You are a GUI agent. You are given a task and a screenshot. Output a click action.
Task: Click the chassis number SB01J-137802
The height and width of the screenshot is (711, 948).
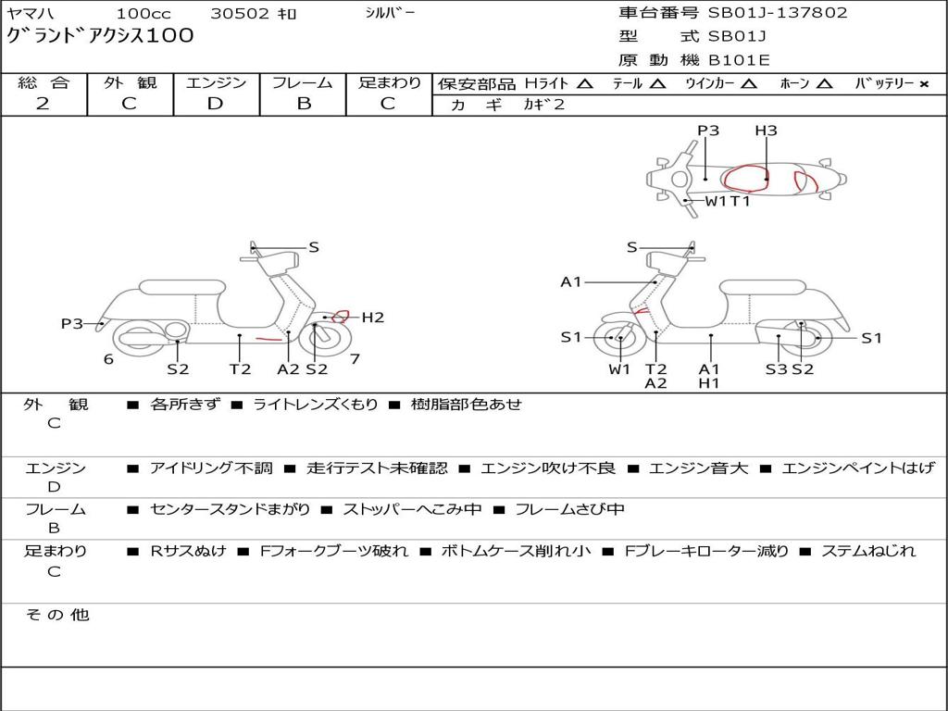click(778, 13)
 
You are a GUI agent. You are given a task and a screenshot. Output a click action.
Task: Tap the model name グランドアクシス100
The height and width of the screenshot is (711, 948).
click(100, 36)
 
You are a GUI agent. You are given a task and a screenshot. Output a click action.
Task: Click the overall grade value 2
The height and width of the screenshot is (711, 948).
click(43, 104)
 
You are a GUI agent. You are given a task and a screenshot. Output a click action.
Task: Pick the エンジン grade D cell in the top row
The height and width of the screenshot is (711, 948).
click(215, 104)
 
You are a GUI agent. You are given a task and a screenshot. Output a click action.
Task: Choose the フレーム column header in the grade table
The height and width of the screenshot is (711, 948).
click(302, 82)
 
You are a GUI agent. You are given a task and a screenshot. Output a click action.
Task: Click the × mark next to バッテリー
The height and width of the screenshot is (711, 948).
click(924, 84)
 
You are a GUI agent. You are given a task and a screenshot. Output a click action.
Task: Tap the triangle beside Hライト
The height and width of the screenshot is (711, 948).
click(585, 83)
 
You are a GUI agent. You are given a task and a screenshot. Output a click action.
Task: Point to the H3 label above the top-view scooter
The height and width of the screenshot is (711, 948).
click(766, 131)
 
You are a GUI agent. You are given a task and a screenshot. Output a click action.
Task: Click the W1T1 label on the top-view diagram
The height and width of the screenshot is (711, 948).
click(728, 201)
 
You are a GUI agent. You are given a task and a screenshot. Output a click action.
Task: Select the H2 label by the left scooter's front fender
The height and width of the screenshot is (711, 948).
click(373, 318)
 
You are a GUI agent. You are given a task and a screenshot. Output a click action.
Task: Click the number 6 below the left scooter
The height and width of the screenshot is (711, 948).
click(108, 359)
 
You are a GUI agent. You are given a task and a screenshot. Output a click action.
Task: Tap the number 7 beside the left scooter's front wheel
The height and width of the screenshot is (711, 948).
click(355, 359)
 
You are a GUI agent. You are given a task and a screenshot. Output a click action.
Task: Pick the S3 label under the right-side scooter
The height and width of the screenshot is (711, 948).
click(777, 368)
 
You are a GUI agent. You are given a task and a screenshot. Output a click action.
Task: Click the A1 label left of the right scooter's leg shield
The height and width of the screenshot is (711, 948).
click(570, 281)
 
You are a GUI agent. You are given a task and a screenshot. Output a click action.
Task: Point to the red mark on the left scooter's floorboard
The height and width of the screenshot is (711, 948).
click(269, 339)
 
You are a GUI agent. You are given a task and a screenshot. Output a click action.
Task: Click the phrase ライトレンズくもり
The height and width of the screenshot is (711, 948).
click(315, 404)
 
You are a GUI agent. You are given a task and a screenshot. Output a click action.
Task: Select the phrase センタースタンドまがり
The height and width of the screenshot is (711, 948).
click(230, 510)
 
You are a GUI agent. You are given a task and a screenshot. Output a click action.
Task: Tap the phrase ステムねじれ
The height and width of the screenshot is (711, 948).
click(868, 551)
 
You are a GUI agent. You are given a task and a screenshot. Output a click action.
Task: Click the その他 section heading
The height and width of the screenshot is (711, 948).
click(57, 615)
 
